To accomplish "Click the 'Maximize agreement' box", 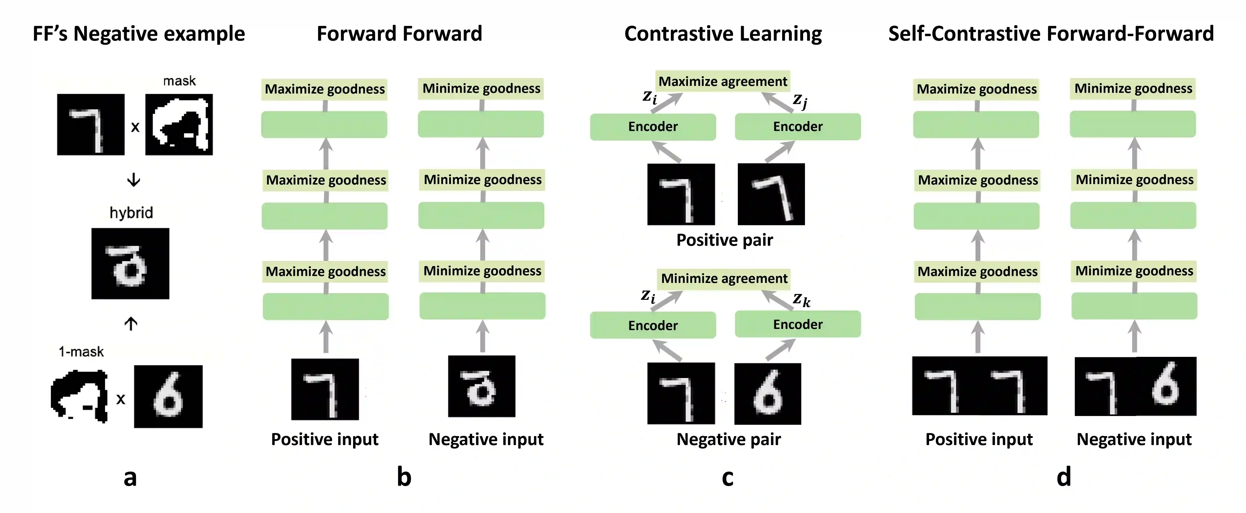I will pyautogui.click(x=723, y=81).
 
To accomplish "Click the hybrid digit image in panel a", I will pyautogui.click(x=130, y=264).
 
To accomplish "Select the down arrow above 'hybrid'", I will pyautogui.click(x=133, y=180).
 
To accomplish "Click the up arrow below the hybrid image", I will pyautogui.click(x=131, y=323).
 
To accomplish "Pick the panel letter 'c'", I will pyautogui.click(x=727, y=477).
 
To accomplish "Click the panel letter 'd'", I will pyautogui.click(x=1064, y=477).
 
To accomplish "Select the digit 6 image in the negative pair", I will pyautogui.click(x=768, y=393).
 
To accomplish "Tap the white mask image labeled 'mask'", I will pyautogui.click(x=179, y=124).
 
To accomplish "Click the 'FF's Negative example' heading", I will pyautogui.click(x=139, y=34).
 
